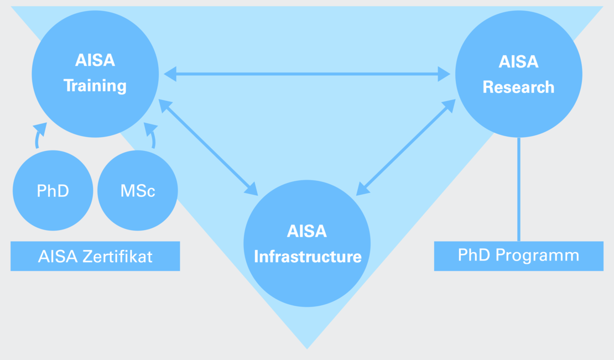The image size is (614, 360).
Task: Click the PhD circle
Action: point(53,191)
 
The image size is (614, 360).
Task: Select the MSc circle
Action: point(138,191)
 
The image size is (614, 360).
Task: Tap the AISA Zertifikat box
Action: point(95,256)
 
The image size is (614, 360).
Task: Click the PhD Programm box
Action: point(518,256)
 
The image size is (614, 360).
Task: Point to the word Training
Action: point(95,86)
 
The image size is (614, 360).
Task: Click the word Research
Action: point(518,87)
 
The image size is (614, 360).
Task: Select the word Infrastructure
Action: point(307,257)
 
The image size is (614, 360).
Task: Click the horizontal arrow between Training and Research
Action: point(307,73)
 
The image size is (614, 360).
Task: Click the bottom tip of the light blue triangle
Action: point(307,347)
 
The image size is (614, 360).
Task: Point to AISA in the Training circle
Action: point(95,60)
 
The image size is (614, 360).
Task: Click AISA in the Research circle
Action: point(518,61)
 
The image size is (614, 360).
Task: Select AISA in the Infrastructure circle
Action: point(307,231)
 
